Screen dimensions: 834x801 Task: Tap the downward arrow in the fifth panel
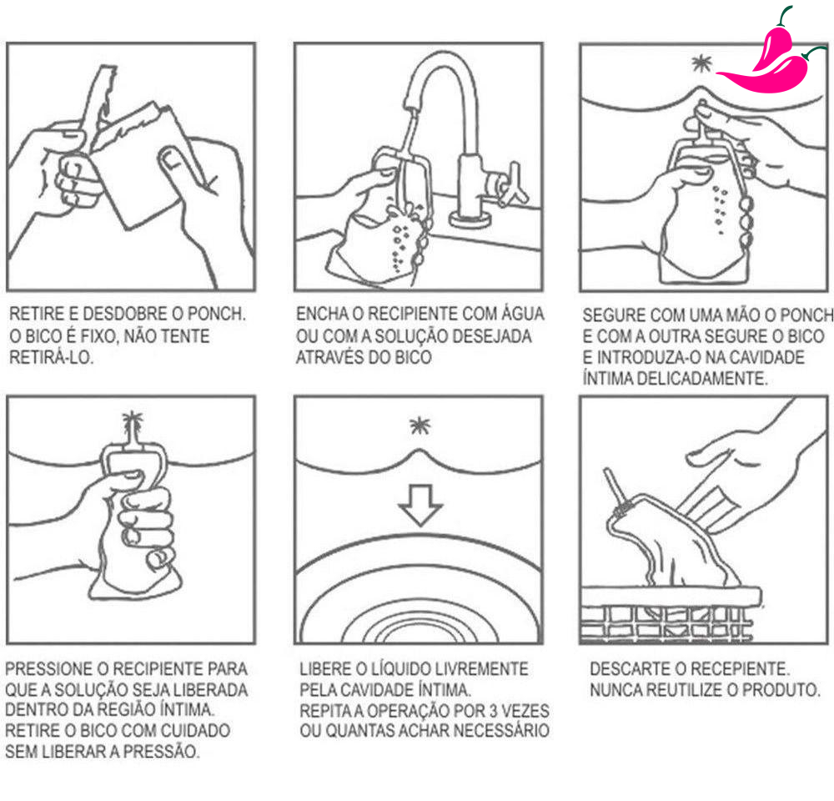point(420,505)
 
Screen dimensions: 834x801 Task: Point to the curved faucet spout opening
point(411,104)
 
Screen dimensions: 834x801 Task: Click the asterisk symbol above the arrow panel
point(420,426)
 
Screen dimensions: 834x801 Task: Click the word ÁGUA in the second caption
point(523,314)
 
